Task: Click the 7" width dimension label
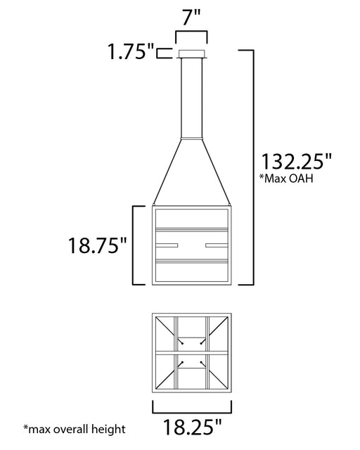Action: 191,18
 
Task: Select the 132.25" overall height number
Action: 296,162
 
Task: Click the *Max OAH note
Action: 286,178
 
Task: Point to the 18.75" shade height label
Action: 97,245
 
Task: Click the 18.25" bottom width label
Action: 193,427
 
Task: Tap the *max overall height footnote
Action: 75,430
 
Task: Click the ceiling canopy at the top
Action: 192,54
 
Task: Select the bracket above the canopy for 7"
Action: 191,32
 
